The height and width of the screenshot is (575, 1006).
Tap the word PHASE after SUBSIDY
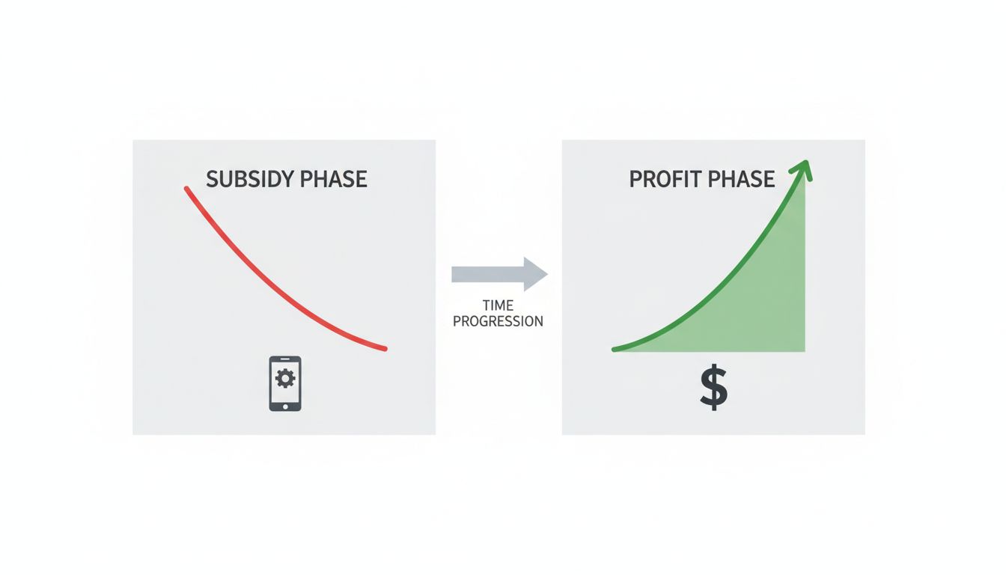(334, 180)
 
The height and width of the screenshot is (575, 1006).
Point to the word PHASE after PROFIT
(743, 180)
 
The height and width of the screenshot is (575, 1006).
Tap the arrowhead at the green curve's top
(805, 168)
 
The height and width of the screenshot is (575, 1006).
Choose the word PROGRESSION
(498, 322)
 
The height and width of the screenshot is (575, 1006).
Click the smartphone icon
(285, 383)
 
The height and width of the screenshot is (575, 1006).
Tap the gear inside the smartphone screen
(285, 379)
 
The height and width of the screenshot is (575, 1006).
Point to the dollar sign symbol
(713, 389)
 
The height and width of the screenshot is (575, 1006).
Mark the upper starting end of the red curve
(186, 189)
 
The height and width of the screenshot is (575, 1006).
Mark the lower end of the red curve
(385, 348)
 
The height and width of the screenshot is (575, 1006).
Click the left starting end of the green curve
(615, 349)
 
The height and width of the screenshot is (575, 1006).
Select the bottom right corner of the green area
(803, 350)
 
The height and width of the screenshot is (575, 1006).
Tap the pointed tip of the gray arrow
(546, 274)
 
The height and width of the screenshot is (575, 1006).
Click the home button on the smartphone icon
(285, 404)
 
